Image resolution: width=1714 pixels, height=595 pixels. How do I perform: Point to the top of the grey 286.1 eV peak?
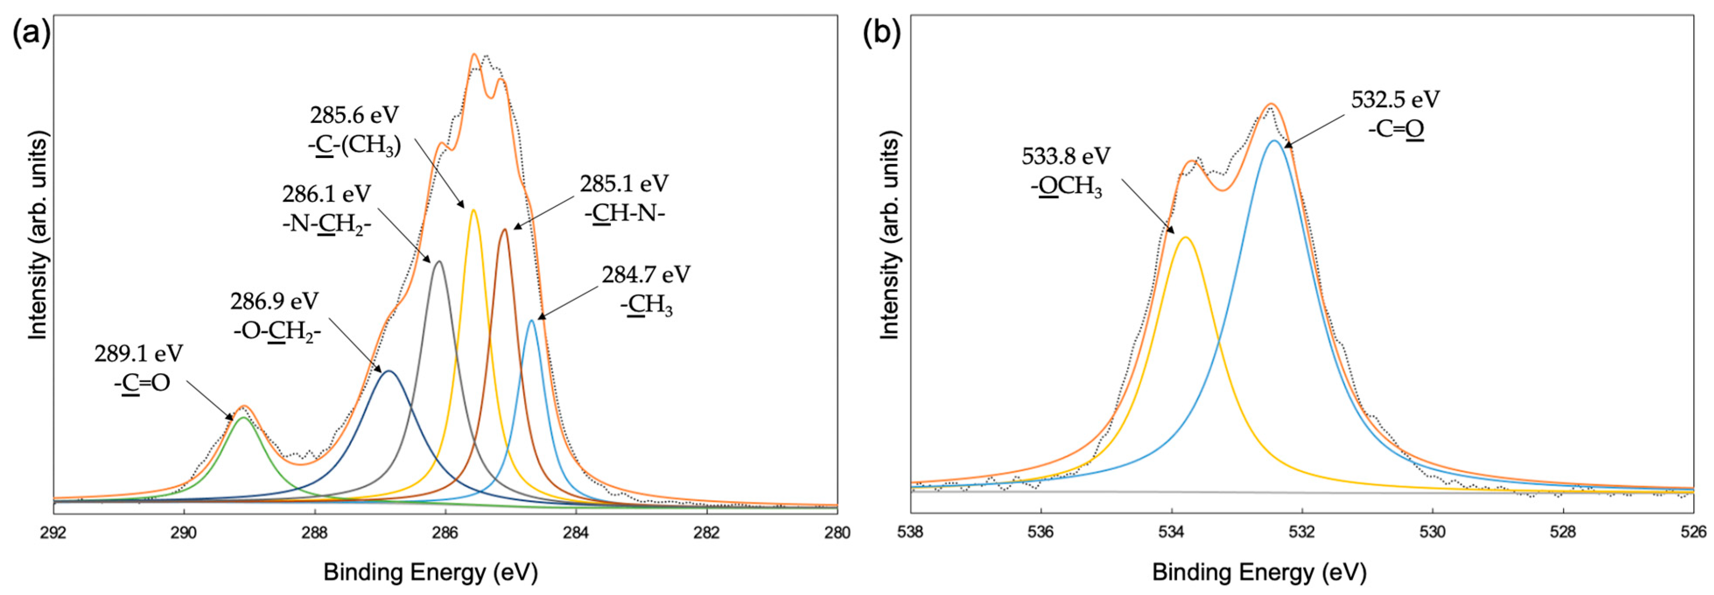(x=438, y=262)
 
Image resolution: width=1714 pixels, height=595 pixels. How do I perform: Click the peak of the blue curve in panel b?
(x=1274, y=141)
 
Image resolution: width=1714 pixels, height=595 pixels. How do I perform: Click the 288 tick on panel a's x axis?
(x=314, y=533)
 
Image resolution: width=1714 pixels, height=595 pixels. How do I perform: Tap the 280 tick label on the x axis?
(x=836, y=533)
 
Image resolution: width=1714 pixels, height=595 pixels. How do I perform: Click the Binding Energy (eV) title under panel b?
(x=1259, y=572)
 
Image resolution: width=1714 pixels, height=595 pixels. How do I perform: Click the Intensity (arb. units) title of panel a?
(x=38, y=236)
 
